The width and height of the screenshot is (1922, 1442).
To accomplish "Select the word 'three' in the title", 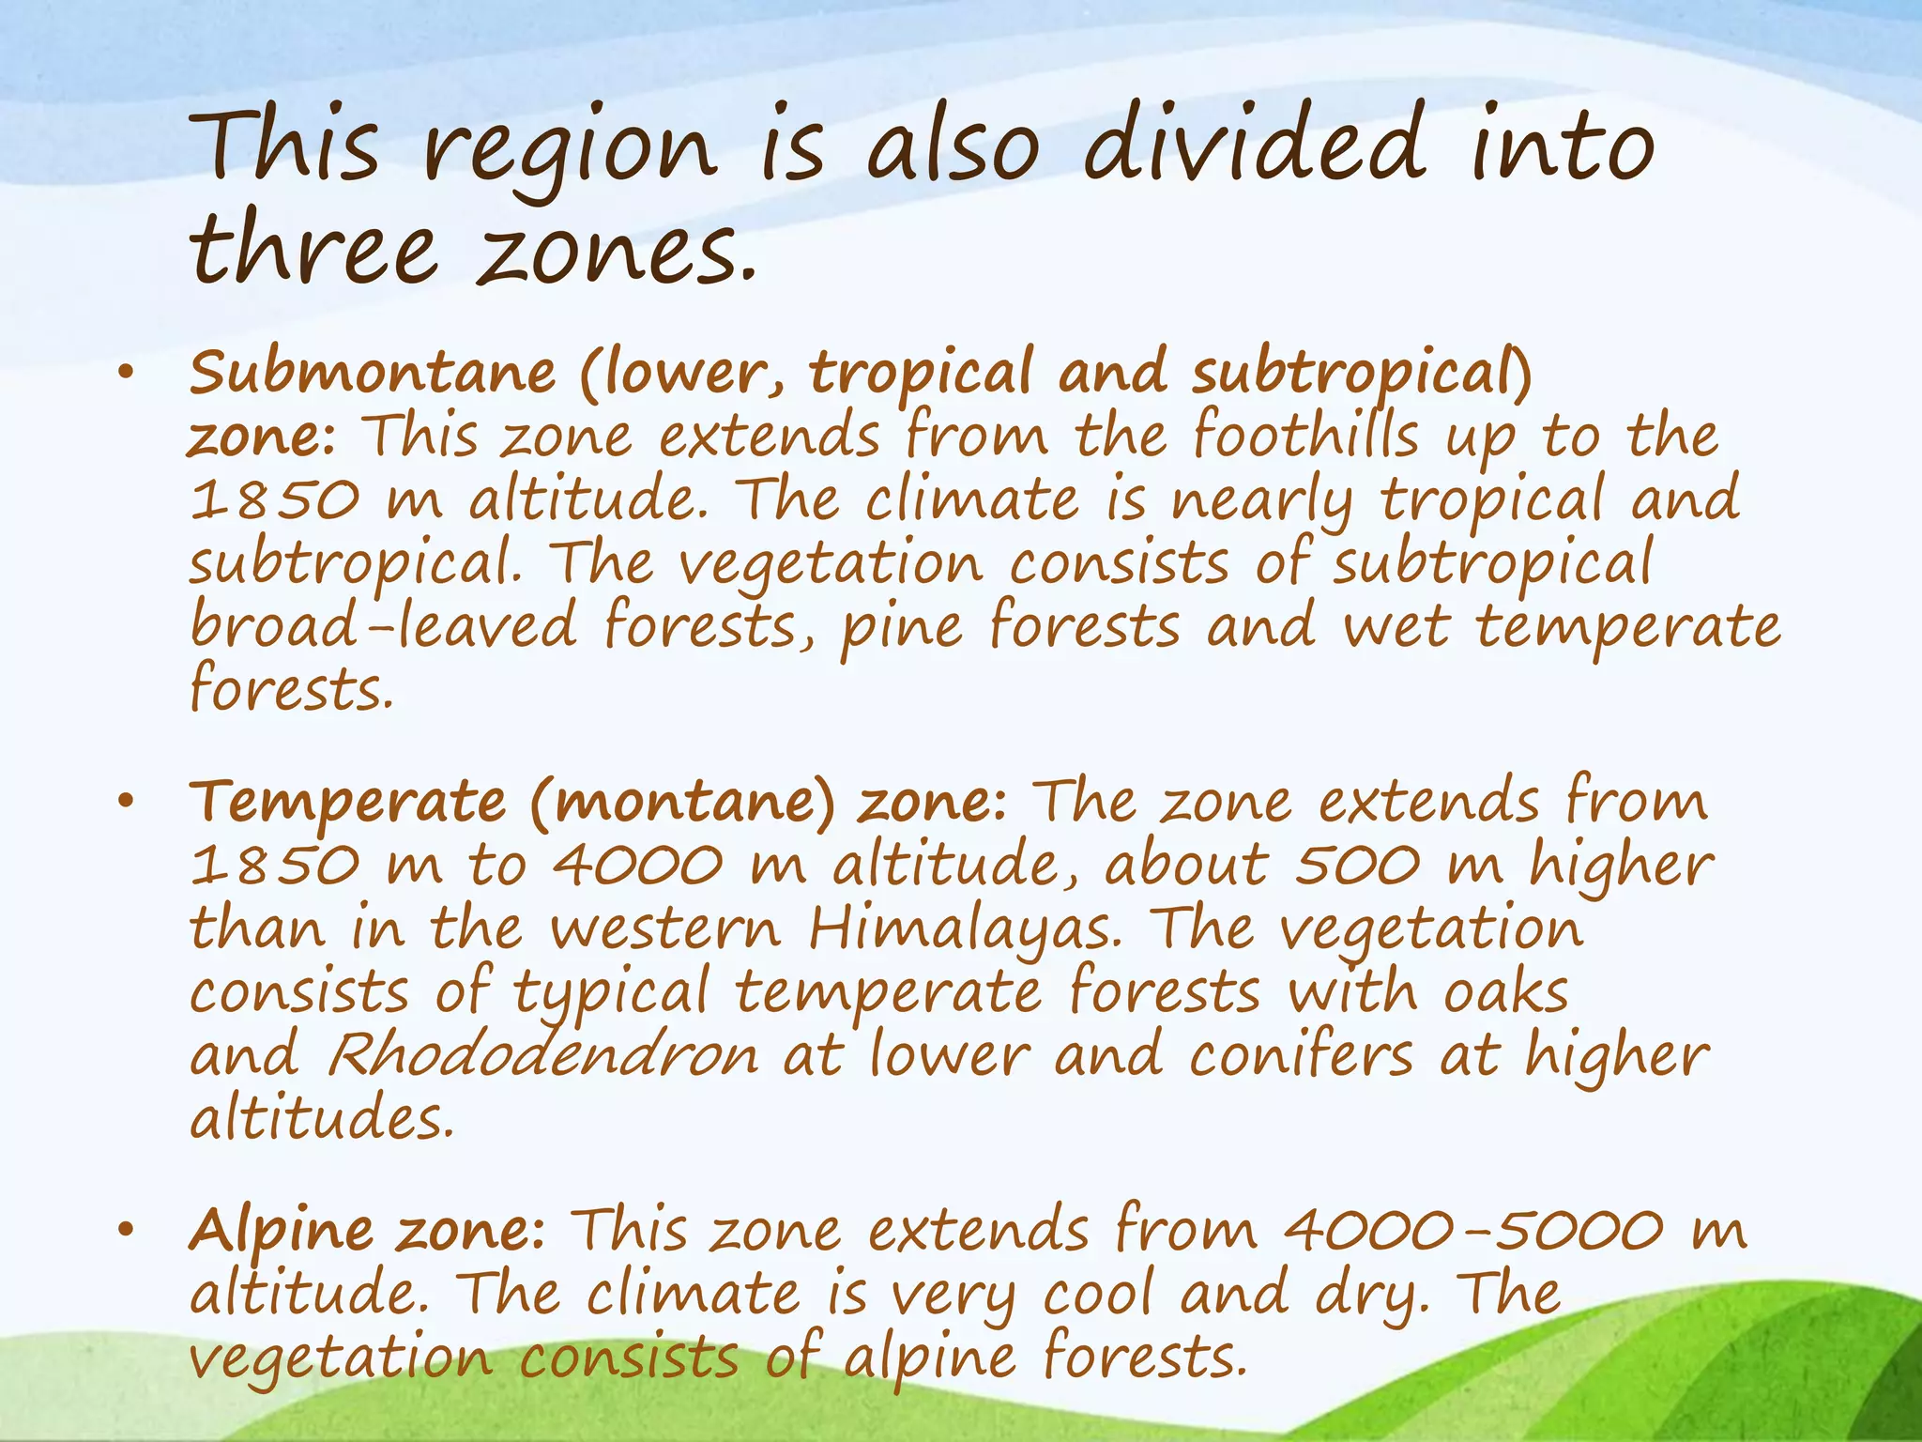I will pos(314,249).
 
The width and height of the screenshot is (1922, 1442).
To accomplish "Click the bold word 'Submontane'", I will pos(373,373).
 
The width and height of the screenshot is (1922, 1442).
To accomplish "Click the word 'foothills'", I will pos(1305,437).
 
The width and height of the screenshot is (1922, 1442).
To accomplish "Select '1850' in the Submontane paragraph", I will pos(274,499).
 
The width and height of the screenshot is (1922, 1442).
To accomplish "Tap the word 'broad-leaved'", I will pos(383,626).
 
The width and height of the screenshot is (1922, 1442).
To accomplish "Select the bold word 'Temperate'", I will pos(348,802).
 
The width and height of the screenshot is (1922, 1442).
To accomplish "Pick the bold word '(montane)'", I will pos(682,804).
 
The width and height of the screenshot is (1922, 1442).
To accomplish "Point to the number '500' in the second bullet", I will pos(1357,866).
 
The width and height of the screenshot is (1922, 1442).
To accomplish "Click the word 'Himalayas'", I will pos(965,929).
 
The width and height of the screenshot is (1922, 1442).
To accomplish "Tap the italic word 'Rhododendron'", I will pos(542,1056).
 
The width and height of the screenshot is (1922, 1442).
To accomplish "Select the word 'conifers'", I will pos(1301,1054).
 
